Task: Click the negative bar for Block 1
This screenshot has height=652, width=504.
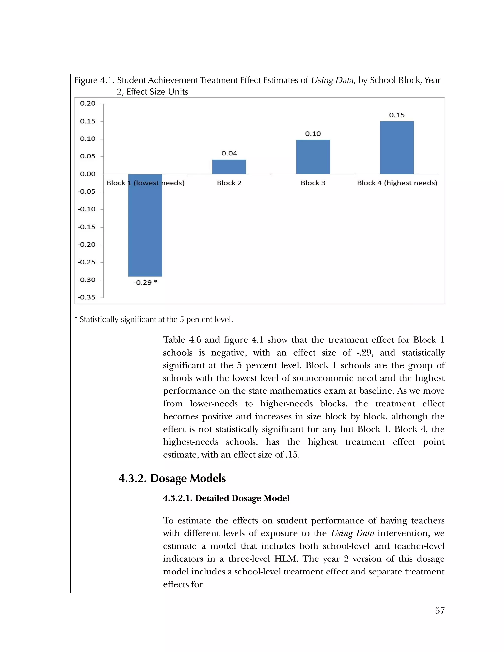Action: tap(145, 227)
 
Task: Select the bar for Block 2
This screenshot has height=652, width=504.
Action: tap(229, 167)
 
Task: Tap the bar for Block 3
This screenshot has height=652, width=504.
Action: tap(313, 157)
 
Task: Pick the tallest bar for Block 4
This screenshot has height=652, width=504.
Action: tap(397, 148)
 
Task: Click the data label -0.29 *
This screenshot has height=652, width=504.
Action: tap(145, 282)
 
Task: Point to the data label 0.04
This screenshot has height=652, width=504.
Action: tap(229, 154)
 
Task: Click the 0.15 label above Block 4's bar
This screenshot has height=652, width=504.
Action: tap(396, 115)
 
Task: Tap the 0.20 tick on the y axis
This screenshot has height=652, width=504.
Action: tap(88, 104)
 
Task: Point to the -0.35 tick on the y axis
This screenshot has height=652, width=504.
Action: tap(87, 297)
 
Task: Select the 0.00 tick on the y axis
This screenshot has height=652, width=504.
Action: tap(88, 174)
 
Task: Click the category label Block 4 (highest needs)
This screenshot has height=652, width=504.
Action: tap(397, 183)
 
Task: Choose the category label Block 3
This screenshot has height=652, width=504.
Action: tap(313, 183)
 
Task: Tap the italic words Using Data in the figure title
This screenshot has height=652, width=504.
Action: tap(332, 80)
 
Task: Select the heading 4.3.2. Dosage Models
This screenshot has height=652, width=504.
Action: tap(172, 478)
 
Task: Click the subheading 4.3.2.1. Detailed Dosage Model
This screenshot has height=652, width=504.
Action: tap(226, 498)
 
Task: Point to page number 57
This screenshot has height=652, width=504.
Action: tap(440, 611)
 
